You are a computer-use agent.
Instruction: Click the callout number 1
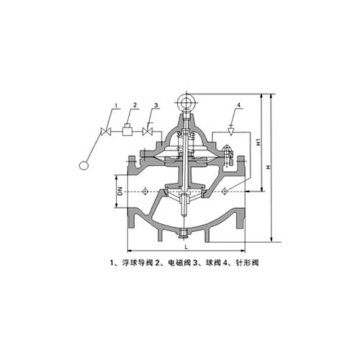pyautogui.click(x=116, y=105)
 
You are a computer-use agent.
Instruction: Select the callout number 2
pyautogui.click(x=135, y=105)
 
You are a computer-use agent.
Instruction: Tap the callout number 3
pyautogui.click(x=156, y=105)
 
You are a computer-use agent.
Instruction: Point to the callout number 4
pyautogui.click(x=238, y=105)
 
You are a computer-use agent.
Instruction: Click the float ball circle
pyautogui.click(x=84, y=166)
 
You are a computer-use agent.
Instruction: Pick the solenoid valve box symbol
pyautogui.click(x=127, y=130)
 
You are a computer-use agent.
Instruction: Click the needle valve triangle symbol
pyautogui.click(x=231, y=132)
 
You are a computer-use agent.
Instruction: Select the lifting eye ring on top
pyautogui.click(x=186, y=103)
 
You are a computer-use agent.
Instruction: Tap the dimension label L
pyautogui.click(x=186, y=247)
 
